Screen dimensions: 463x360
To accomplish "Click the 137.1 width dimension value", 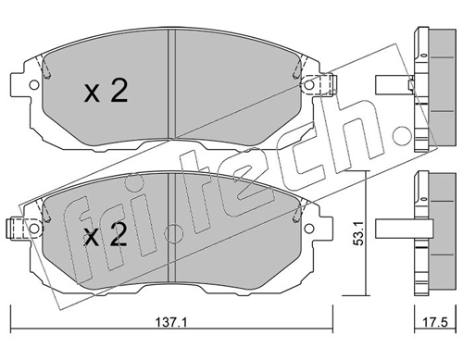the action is click(170, 323).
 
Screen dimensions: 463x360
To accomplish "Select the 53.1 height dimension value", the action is click(358, 233).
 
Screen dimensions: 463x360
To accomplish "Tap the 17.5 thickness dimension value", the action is click(435, 323).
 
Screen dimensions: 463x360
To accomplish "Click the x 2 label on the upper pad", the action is click(106, 91).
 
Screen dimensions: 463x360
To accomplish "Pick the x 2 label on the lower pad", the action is click(106, 234).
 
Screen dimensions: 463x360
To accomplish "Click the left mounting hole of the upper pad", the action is click(34, 85).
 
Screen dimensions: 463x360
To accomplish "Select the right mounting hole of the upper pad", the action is click(308, 85).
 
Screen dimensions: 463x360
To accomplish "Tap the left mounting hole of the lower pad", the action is click(34, 229).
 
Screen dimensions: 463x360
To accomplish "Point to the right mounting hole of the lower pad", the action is click(308, 229).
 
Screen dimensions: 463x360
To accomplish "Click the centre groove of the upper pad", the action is click(171, 84).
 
